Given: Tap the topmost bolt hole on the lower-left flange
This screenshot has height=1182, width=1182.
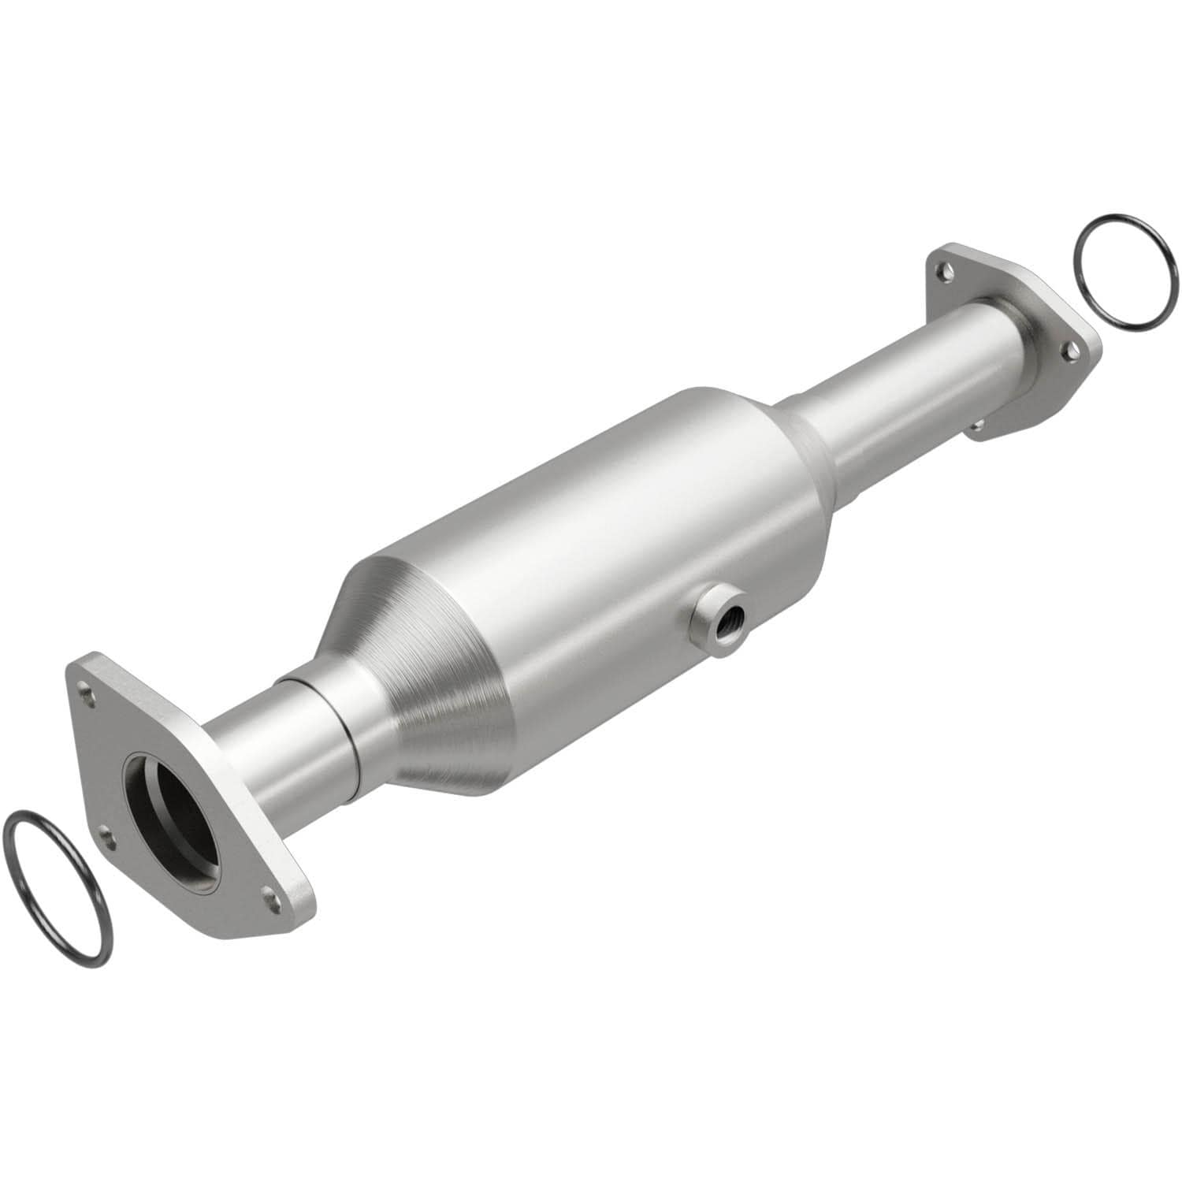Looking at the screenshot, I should tap(87, 696).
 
